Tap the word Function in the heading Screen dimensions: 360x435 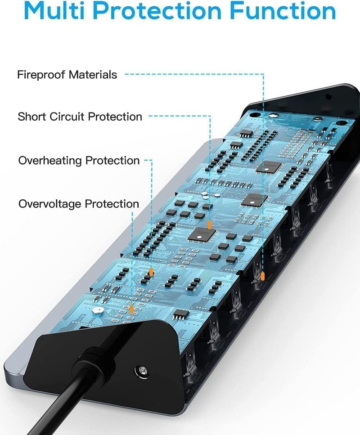[283, 10]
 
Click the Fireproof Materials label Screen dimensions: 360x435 [67, 75]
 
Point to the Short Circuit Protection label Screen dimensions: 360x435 [80, 117]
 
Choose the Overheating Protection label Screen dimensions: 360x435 [79, 161]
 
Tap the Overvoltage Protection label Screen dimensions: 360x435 [79, 204]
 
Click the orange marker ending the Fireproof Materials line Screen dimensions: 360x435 [263, 276]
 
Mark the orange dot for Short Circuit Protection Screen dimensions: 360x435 [210, 225]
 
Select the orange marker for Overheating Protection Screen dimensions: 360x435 [151, 272]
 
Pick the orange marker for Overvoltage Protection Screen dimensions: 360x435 [131, 309]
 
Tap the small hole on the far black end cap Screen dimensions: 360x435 [328, 97]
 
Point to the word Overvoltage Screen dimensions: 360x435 [49, 204]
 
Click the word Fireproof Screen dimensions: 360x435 [41, 75]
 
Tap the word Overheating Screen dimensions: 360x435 [50, 161]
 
